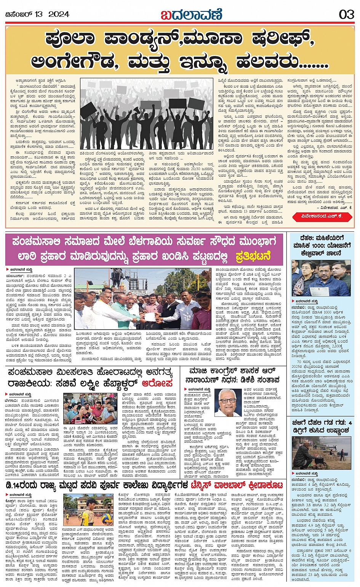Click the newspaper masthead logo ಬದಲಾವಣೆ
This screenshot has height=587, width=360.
tap(191, 14)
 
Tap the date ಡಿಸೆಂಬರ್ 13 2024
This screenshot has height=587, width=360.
tap(37, 14)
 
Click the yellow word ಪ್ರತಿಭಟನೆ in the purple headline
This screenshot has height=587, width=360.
tap(253, 256)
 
